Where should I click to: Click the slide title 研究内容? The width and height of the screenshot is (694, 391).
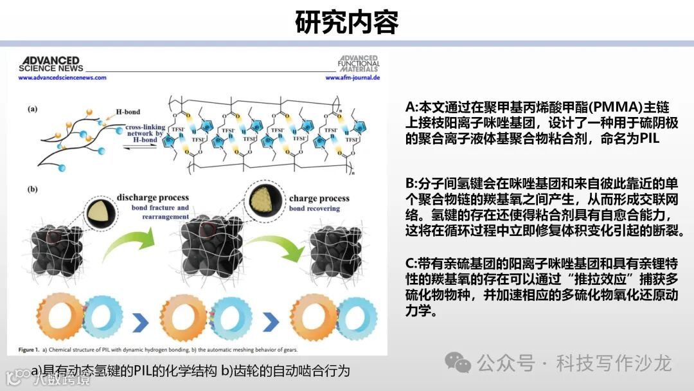(347, 22)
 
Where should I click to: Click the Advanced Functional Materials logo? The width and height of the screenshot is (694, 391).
(359, 64)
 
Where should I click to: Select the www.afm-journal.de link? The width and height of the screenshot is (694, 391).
(353, 77)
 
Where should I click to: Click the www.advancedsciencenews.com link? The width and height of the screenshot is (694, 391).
(62, 77)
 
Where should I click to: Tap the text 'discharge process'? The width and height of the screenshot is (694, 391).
(152, 197)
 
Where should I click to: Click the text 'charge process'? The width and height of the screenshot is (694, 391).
(319, 198)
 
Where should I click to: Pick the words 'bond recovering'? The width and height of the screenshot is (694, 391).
(315, 209)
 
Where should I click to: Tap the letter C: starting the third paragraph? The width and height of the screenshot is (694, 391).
(411, 264)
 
